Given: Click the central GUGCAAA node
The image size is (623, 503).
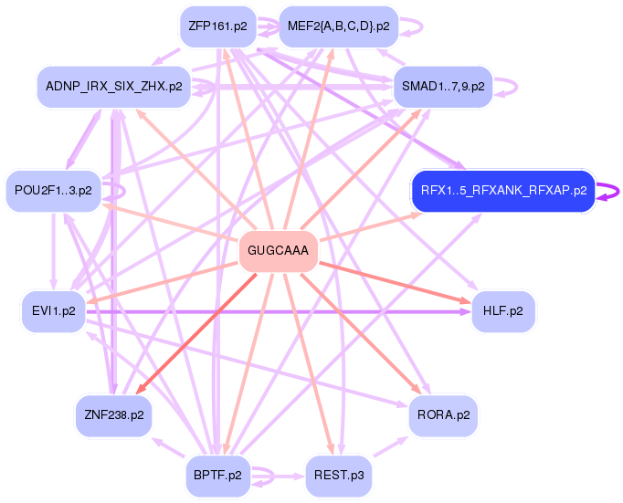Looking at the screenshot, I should click(x=278, y=250).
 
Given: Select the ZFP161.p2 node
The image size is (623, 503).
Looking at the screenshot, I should click(x=217, y=26).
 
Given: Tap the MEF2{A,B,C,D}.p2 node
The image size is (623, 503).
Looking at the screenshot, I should click(x=338, y=26).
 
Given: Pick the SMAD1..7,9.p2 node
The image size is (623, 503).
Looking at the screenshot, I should click(x=443, y=87).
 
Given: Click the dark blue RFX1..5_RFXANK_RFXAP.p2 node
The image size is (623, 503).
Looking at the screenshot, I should click(x=503, y=191).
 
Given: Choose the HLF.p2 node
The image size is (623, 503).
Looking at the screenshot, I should click(x=503, y=311).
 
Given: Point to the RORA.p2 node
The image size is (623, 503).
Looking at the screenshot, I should click(x=443, y=415).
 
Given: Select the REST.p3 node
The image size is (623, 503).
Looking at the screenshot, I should click(x=338, y=476).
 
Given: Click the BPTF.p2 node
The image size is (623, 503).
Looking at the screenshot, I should click(x=217, y=476).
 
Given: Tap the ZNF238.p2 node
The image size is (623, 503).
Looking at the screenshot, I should click(x=113, y=415).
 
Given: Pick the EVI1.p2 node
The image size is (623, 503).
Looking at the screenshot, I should click(x=53, y=311).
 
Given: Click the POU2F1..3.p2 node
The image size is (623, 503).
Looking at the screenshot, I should click(x=53, y=191).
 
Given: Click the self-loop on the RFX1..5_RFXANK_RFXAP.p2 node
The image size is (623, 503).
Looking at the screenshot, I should click(x=609, y=191).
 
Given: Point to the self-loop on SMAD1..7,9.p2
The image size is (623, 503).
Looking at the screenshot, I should click(x=508, y=87).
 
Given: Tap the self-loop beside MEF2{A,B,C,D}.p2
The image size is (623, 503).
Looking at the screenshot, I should click(x=413, y=26).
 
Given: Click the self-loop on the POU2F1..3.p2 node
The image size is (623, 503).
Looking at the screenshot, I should click(x=116, y=192).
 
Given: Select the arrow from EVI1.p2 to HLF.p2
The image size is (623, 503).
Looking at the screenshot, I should click(x=274, y=311).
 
